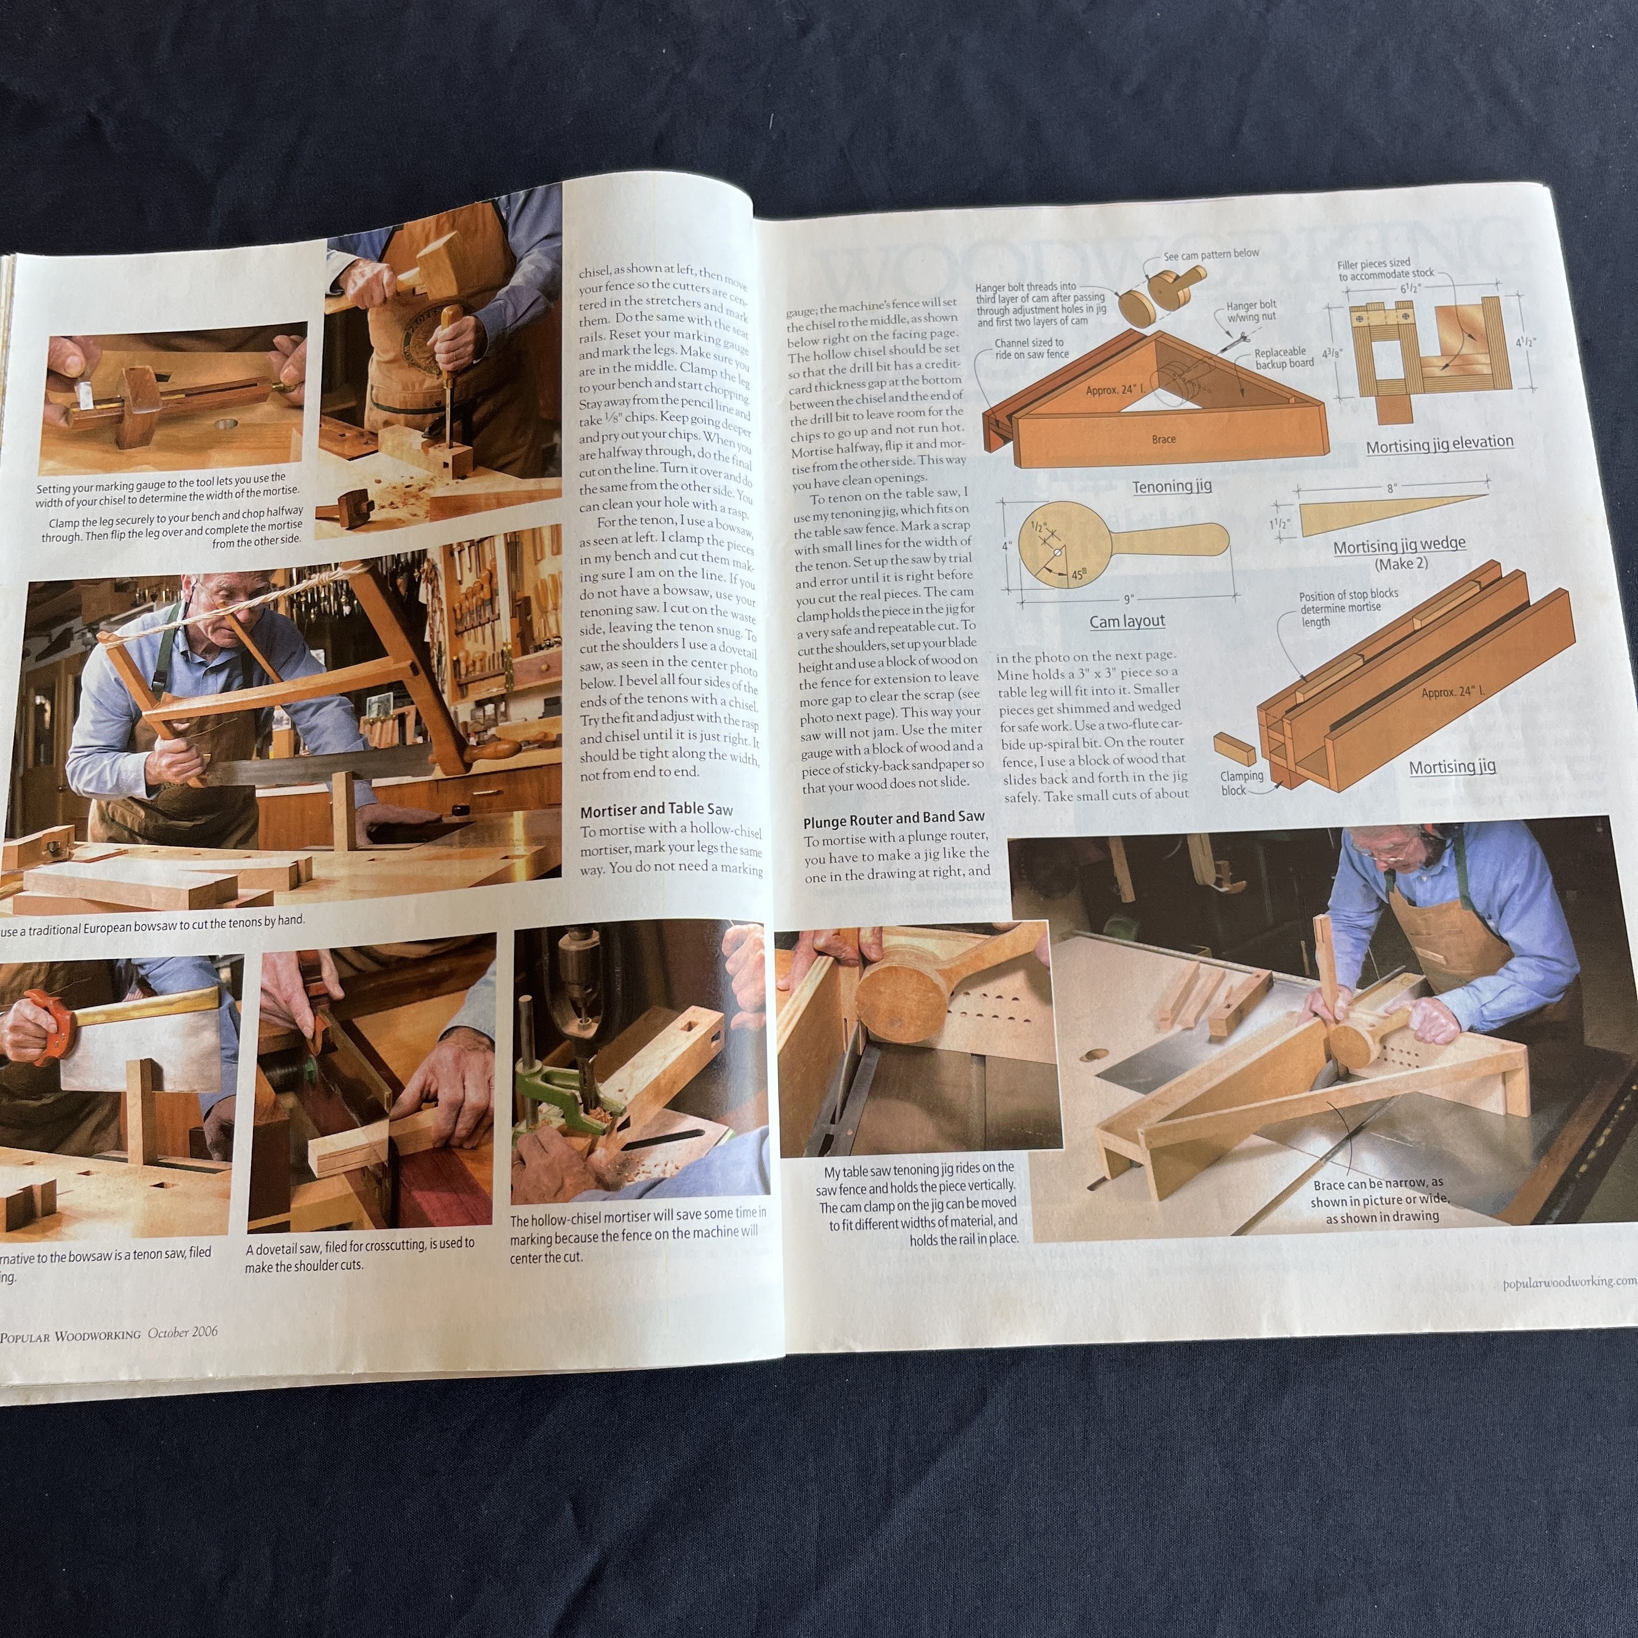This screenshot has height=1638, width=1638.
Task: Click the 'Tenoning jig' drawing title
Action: pos(1172,486)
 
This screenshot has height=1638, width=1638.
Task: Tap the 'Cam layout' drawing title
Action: pos(1127,621)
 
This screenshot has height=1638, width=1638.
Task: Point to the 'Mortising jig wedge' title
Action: pos(1399,545)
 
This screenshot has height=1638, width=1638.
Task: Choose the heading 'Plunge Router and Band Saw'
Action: pos(894,817)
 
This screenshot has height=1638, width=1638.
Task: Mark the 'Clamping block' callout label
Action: pos(1240,783)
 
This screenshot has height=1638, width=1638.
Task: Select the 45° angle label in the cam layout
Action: pos(1077,574)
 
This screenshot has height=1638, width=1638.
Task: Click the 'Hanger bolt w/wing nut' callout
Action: pos(1251,311)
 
